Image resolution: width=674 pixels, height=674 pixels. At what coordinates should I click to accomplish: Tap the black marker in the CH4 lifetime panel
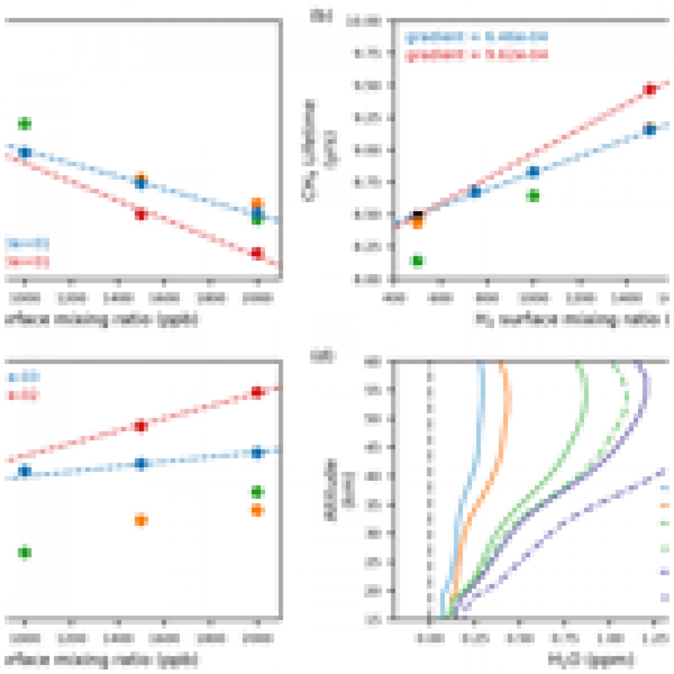[x=418, y=216]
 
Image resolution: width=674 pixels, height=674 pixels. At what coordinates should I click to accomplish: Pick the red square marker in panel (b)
[x=649, y=89]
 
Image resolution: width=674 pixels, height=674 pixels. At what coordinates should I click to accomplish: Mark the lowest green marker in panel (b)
[x=417, y=261]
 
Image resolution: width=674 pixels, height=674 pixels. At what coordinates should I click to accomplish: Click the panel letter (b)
[x=321, y=16]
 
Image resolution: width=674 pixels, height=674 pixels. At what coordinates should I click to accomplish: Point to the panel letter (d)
[x=321, y=356]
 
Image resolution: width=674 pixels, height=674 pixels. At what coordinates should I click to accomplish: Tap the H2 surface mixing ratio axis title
[x=573, y=320]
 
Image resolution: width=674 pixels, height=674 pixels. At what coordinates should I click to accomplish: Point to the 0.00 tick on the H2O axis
[x=429, y=637]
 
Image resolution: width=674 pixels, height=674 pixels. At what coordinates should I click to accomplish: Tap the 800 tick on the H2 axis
[x=487, y=298]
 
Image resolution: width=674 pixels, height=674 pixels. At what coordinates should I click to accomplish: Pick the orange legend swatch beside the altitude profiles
[x=665, y=506]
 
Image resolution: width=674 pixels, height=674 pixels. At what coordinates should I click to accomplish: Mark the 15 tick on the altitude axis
[x=373, y=619]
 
